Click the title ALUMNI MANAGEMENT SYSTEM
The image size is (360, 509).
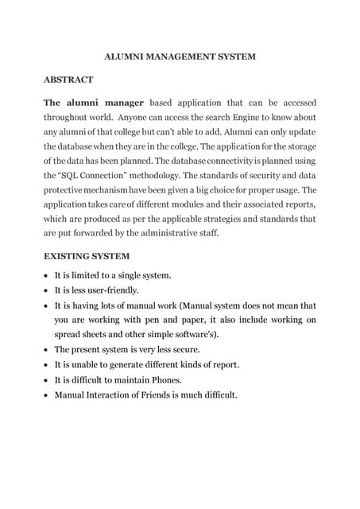click(180, 56)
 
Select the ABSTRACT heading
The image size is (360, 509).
click(68, 80)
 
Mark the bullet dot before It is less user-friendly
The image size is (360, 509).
click(46, 291)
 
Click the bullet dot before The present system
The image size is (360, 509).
click(46, 350)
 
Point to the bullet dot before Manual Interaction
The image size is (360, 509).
click(46, 395)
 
